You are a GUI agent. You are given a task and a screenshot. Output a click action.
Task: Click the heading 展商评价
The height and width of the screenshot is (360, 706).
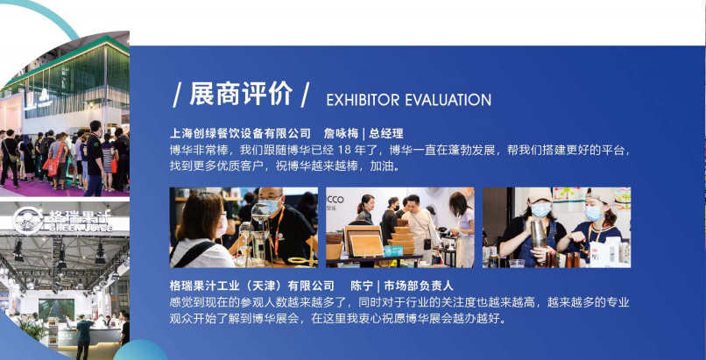pyautogui.click(x=241, y=94)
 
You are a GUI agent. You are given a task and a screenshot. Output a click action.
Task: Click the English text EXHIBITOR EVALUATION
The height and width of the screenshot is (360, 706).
pyautogui.click(x=408, y=100)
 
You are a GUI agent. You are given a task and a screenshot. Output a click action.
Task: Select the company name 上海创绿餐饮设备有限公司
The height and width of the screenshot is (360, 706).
pyautogui.click(x=240, y=133)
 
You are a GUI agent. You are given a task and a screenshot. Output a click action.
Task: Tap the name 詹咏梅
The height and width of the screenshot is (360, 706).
pyautogui.click(x=341, y=133)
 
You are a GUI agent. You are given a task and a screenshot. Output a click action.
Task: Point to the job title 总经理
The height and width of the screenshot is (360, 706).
pyautogui.click(x=386, y=133)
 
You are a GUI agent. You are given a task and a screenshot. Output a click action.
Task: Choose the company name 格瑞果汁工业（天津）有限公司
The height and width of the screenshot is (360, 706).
pyautogui.click(x=251, y=286)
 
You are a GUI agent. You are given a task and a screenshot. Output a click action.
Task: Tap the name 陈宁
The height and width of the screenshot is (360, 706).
pyautogui.click(x=362, y=286)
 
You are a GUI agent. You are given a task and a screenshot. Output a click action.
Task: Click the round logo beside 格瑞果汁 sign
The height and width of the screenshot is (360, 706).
pyautogui.click(x=28, y=221)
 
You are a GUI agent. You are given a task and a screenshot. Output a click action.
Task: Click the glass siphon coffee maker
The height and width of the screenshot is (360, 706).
pyautogui.click(x=260, y=234)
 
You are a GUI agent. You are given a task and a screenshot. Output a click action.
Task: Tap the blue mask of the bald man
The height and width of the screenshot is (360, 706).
pyautogui.click(x=272, y=207)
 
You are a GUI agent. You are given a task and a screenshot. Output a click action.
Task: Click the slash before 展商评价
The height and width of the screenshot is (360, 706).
pyautogui.click(x=178, y=95)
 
